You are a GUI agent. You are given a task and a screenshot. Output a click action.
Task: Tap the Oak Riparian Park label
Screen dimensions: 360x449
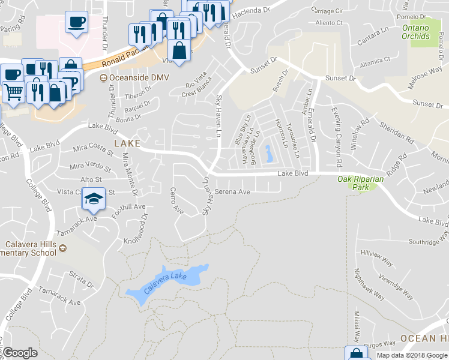coord(360,183)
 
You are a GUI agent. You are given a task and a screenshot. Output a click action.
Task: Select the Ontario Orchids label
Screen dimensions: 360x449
coord(416,32)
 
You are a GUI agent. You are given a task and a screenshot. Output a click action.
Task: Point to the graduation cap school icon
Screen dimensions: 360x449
coord(94,198)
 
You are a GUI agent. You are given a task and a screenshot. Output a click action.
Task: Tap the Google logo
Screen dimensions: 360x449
coord(20,353)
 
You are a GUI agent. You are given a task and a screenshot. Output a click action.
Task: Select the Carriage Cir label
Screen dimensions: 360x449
coord(327,11)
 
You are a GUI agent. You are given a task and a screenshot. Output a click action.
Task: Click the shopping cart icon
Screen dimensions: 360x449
coord(13,92)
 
